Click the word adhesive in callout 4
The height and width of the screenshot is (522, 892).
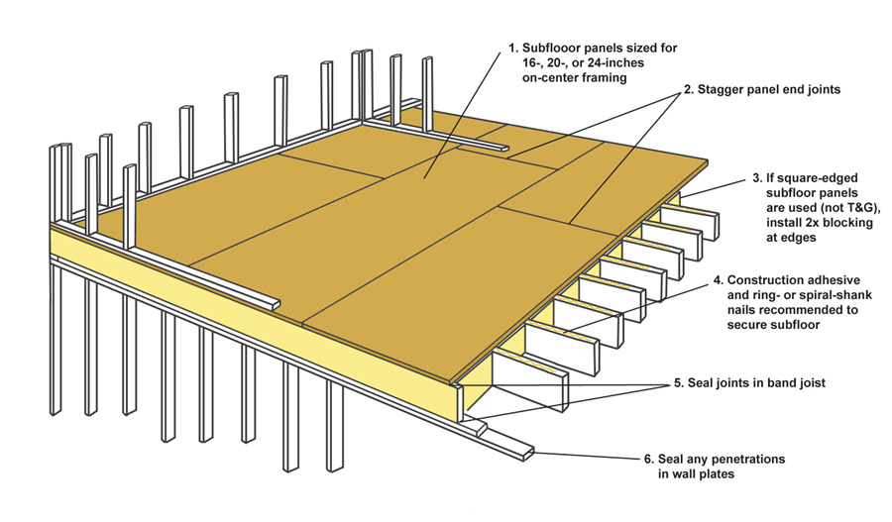pos(852,280)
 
